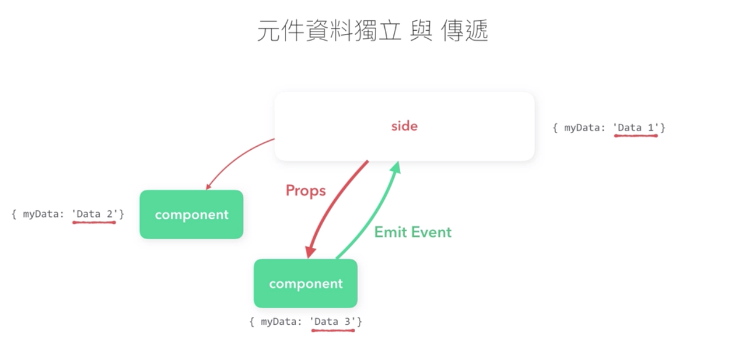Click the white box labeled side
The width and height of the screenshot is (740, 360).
(404, 126)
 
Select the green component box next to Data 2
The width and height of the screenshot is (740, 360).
(191, 215)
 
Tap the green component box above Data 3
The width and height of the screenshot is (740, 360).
(305, 284)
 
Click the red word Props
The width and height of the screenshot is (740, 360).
(305, 191)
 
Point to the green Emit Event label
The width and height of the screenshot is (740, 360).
(413, 232)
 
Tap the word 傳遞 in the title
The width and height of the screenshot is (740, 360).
(466, 31)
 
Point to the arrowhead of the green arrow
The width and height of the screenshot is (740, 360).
(397, 166)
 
